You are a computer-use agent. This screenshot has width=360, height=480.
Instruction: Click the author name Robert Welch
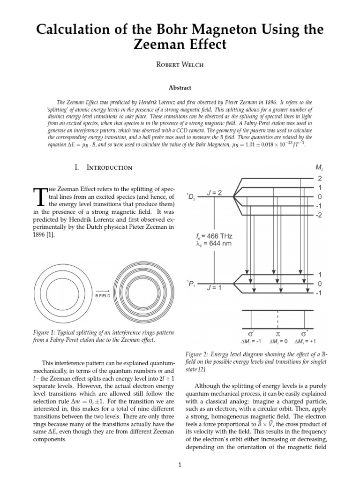click(180, 65)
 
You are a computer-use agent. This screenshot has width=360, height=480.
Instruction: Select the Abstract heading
click(180, 87)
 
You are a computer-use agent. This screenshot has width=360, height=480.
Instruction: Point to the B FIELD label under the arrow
click(103, 296)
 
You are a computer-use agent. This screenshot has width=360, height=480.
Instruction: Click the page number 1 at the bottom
click(180, 465)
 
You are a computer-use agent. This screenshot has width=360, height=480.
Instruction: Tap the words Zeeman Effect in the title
click(180, 45)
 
